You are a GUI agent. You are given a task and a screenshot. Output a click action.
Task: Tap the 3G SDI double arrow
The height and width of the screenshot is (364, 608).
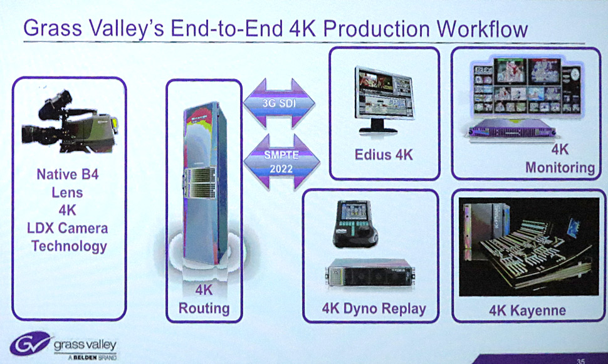[279, 103]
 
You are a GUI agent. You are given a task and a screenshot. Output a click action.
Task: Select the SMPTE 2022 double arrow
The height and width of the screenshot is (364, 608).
[281, 162]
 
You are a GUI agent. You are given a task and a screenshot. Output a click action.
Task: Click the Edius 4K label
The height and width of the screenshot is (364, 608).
[384, 155]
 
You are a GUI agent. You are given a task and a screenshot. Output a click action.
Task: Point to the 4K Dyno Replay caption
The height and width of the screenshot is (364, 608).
[374, 309]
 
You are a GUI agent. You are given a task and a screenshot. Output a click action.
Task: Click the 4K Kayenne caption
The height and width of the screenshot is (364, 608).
[527, 311]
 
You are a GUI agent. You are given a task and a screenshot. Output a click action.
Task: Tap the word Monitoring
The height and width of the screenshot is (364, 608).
[560, 167]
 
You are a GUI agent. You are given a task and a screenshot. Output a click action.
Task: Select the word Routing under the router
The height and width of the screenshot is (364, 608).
[204, 308]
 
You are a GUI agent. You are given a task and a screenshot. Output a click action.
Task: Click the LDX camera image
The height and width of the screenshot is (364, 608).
[70, 121]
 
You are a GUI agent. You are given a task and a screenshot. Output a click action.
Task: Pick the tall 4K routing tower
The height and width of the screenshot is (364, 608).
[206, 182]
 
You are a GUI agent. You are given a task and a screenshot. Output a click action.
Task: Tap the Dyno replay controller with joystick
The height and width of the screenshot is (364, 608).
[354, 224]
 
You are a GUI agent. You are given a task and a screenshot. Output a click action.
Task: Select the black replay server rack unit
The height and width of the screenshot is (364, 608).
[370, 272]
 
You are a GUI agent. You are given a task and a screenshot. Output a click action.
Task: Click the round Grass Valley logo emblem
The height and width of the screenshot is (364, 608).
[30, 343]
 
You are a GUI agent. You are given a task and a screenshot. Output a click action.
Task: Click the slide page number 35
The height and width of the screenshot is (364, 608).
[580, 361]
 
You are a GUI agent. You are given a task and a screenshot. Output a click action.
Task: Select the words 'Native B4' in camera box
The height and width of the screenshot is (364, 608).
[68, 174]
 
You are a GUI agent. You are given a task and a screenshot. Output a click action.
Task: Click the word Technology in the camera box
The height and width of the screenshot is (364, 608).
[69, 247]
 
